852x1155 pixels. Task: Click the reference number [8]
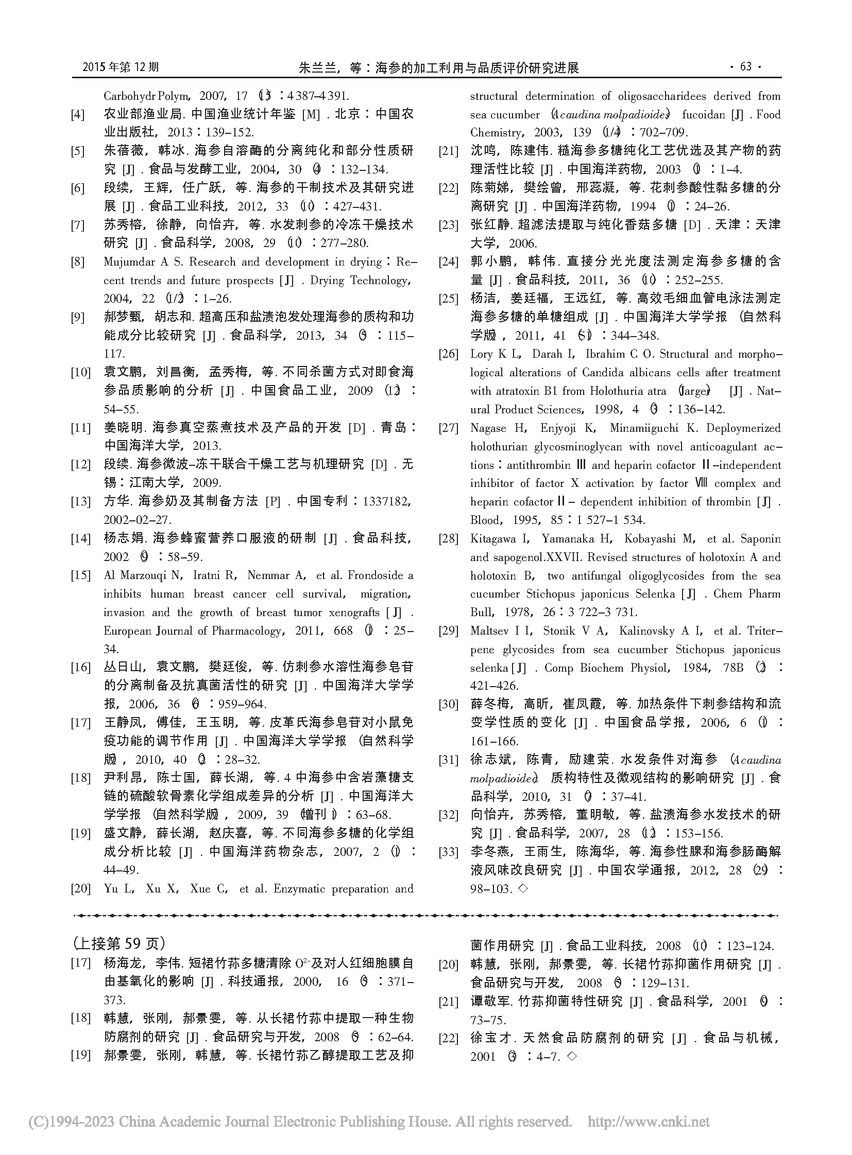tap(78, 262)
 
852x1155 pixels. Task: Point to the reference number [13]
tap(80, 502)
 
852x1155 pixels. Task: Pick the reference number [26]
tap(448, 355)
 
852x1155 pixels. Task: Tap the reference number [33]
tap(448, 852)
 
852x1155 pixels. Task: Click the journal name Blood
tap(485, 520)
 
